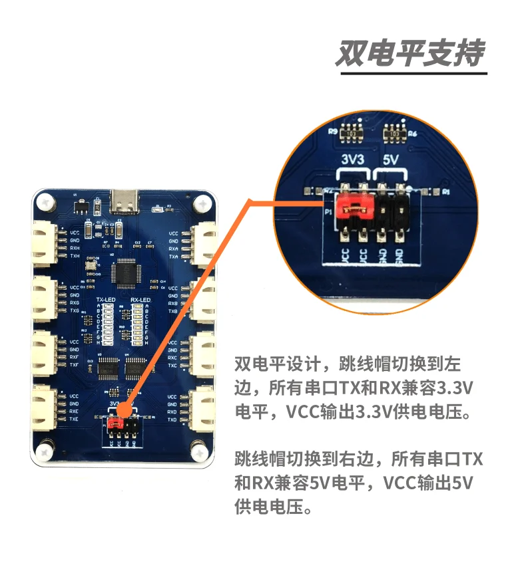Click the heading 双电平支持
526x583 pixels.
point(409,53)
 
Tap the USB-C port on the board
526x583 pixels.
point(125,197)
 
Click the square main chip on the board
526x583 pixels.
point(127,274)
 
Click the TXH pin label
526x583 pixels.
point(75,256)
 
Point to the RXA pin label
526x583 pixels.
point(173,249)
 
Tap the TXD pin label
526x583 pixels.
point(173,420)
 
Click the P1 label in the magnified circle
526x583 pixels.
point(328,212)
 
